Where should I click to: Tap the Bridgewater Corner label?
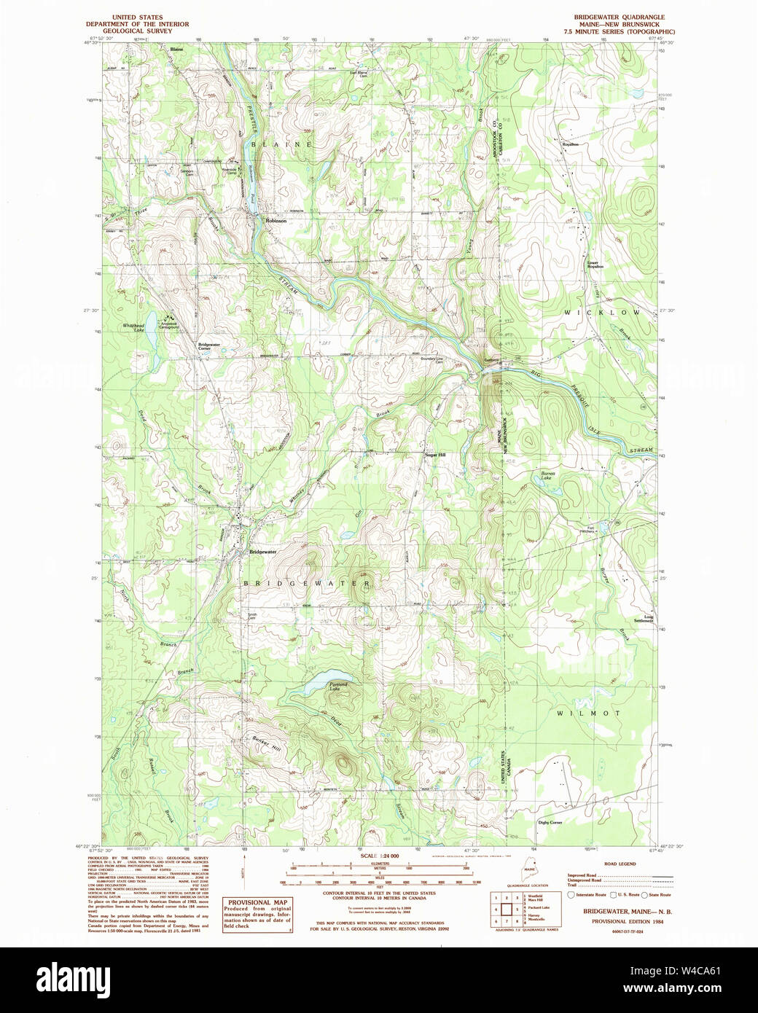209,346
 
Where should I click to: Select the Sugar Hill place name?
435,455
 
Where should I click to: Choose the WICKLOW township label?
602,312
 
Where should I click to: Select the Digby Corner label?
550,822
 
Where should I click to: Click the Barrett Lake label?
548,475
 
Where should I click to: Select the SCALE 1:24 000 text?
379,855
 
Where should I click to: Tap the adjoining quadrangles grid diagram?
502,910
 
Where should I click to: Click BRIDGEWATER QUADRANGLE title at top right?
624,17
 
